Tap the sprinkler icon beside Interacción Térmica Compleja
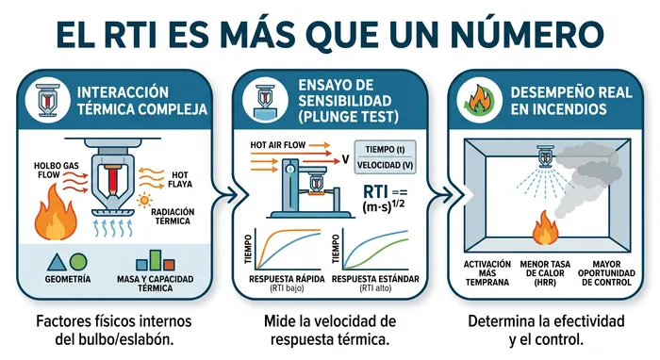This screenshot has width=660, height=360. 47,100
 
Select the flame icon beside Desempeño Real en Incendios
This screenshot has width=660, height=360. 478,100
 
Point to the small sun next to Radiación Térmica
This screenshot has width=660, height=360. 145,200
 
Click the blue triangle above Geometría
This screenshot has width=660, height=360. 56,262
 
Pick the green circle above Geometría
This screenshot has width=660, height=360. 78,262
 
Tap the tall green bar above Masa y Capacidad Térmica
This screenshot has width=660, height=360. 156,260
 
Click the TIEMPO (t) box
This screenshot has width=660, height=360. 385,149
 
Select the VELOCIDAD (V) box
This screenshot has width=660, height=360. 385,165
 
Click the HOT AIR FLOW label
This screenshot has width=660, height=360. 278,145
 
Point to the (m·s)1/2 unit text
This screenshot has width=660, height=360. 383,207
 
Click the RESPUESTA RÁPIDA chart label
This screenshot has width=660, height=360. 287,279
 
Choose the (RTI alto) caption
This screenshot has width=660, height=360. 375,288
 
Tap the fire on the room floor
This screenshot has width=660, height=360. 545,227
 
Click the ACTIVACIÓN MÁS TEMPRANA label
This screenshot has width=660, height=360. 487,273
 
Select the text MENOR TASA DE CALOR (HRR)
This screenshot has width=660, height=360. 545,273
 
